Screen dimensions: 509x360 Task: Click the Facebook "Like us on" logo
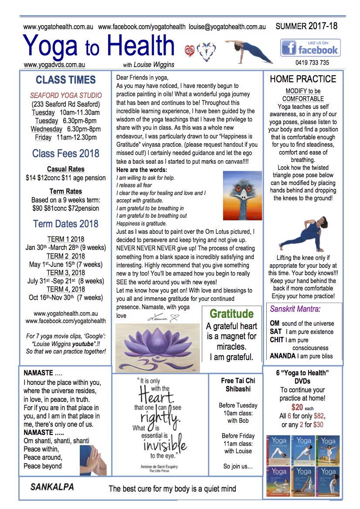[x=310, y=47]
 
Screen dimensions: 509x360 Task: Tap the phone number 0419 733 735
[x=312, y=63]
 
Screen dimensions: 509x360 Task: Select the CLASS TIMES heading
[x=66, y=80]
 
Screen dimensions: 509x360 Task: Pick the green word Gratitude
[x=231, y=314]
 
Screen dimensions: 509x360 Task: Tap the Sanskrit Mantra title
[x=295, y=309]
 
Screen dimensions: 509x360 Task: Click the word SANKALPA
[x=52, y=487]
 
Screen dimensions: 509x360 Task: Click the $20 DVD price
[x=297, y=408]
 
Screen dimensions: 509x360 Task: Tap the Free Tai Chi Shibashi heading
[x=238, y=385]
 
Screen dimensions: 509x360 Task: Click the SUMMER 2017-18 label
[x=306, y=26]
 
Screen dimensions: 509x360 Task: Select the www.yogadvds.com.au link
[x=54, y=65]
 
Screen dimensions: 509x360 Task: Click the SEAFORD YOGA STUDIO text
[x=66, y=95]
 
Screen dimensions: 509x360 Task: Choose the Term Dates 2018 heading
[x=66, y=224]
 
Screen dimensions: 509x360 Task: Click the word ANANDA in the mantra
[x=282, y=356]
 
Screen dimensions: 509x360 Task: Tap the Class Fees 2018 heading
[x=66, y=153]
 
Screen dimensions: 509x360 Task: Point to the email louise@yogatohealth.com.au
[x=227, y=27]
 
